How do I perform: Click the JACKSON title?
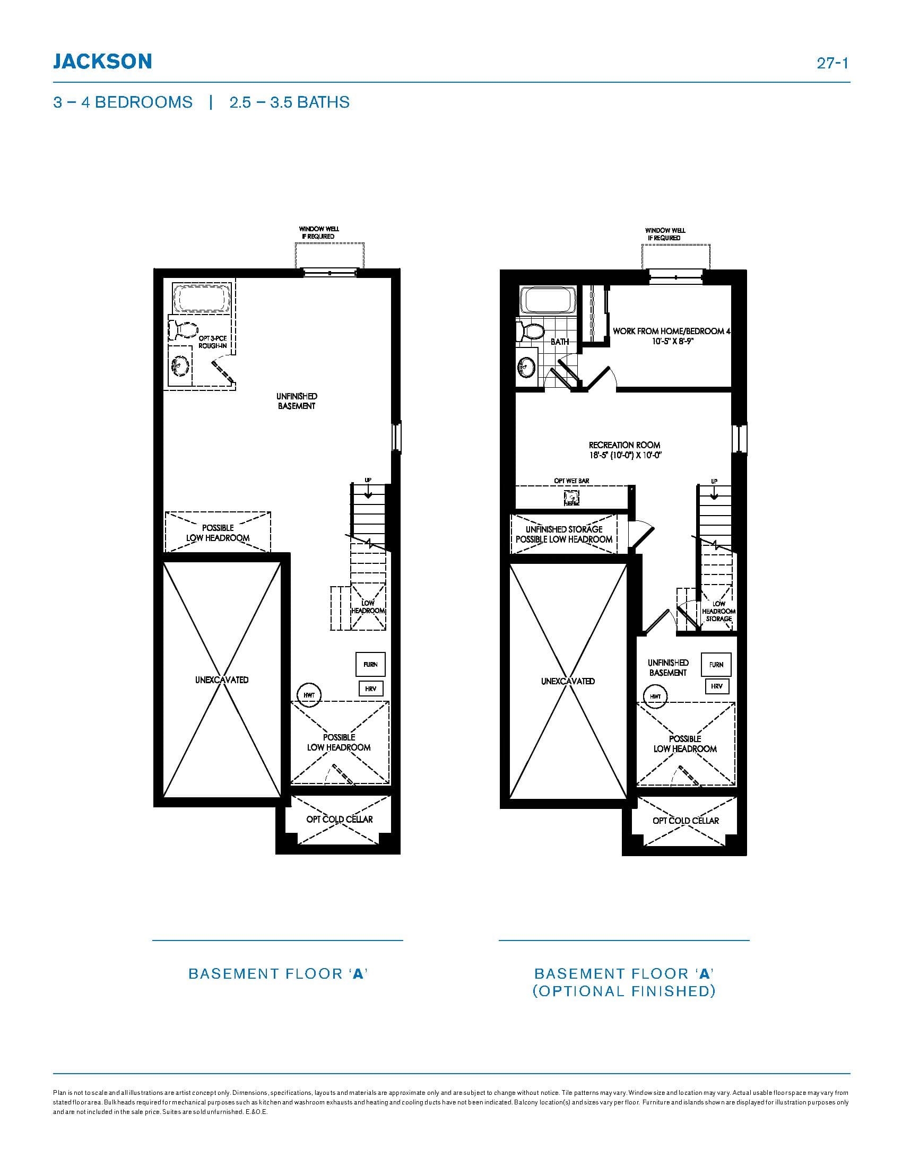coord(102,62)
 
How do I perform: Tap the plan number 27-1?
coord(832,63)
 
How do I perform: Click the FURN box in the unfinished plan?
coord(370,664)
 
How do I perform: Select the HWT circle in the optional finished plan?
coord(656,696)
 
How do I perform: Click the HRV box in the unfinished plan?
coord(370,689)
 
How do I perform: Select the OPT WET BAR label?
coord(571,481)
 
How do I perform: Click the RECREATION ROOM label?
coord(624,445)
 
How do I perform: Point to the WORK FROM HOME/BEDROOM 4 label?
coord(671,332)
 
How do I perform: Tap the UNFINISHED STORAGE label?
coord(563,529)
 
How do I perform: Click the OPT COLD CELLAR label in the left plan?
coord(340,819)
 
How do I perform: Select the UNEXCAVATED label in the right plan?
coord(568,681)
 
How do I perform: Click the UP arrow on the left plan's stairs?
coord(368,492)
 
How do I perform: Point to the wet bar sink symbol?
coord(571,499)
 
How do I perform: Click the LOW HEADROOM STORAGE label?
coord(719,611)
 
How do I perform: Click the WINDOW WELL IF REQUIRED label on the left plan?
coord(319,232)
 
